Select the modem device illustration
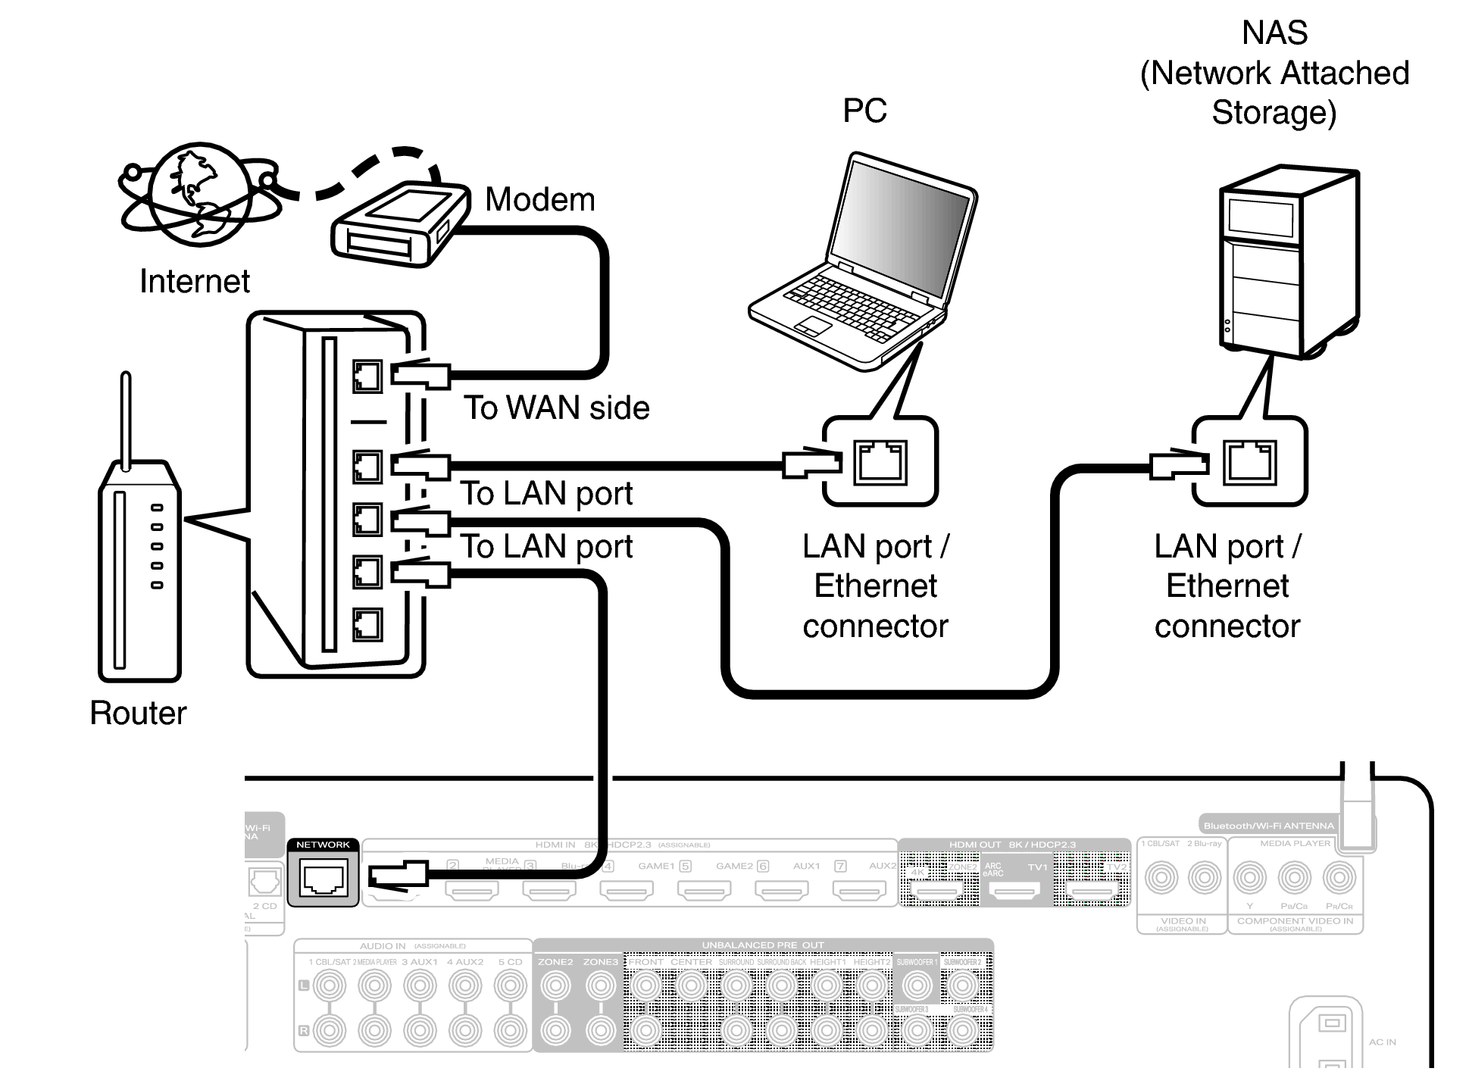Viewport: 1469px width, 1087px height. [400, 224]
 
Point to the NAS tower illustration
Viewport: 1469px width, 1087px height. [1289, 261]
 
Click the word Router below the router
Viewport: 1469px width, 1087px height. [138, 713]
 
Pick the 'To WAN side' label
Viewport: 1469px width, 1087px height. [557, 408]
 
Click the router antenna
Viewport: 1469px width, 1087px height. [126, 417]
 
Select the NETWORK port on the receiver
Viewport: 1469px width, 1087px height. [323, 879]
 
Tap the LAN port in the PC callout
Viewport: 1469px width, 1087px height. [880, 461]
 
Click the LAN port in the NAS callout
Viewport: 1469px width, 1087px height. [1249, 461]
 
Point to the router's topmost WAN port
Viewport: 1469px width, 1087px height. [367, 375]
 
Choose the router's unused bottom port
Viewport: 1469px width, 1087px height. [367, 625]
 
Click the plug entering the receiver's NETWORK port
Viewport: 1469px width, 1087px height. [398, 876]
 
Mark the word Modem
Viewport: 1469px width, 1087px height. [539, 200]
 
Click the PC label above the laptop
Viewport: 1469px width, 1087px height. [864, 111]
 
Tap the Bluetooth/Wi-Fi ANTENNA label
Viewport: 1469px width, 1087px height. [1268, 826]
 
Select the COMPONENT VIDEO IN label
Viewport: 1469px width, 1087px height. [1295, 921]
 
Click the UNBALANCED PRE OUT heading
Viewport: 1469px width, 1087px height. [762, 945]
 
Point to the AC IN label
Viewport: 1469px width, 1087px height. [1382, 1042]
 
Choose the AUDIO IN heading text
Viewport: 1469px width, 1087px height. [383, 946]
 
